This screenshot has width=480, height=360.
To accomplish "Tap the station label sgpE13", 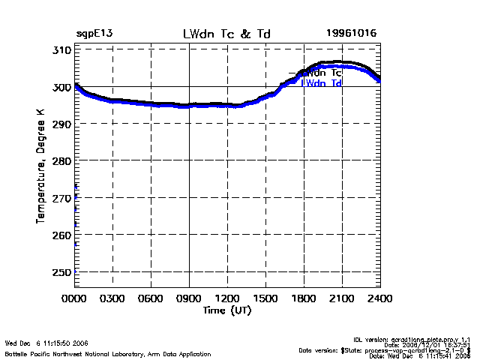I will click(94, 34).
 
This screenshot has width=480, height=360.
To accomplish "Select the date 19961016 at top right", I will click(351, 34).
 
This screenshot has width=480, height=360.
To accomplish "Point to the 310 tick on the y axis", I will click(61, 50).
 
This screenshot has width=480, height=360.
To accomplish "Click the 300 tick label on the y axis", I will click(61, 87).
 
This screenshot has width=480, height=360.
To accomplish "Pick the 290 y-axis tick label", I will click(61, 124).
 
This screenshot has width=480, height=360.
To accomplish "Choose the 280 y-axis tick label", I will click(61, 161).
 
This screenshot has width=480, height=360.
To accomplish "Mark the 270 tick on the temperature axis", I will click(61, 198).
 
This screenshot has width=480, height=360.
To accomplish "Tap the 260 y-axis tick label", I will click(61, 235).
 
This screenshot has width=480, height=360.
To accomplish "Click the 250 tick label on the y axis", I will click(61, 272).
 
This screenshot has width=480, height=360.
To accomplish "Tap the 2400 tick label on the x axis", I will click(380, 298).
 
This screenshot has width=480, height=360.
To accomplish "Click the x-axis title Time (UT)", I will click(226, 309).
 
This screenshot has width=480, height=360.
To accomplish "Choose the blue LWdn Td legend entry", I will click(322, 83).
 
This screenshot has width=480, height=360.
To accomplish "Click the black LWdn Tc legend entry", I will click(318, 73).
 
